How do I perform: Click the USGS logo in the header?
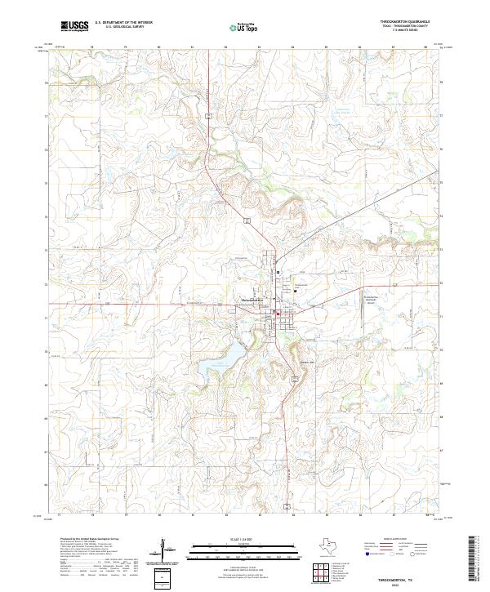tap(74, 27)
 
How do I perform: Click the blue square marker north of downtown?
tap(278, 273)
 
